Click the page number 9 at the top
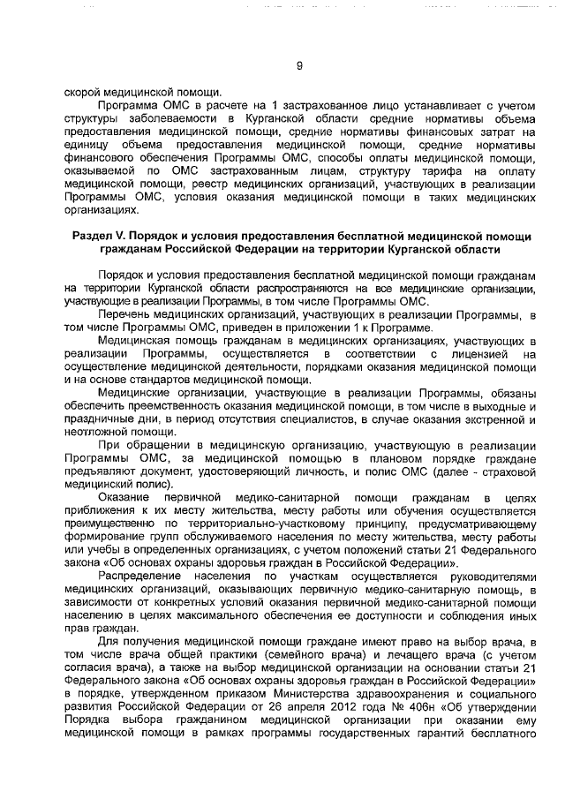(x=299, y=65)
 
